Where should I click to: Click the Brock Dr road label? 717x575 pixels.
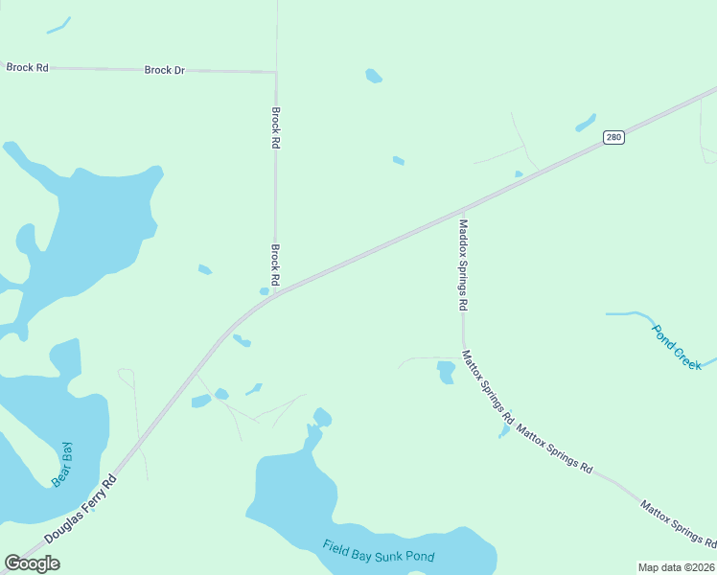point(164,70)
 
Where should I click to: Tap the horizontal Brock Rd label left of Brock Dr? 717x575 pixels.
point(27,67)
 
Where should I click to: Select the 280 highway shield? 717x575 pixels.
point(614,138)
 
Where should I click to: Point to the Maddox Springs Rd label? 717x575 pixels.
point(463,264)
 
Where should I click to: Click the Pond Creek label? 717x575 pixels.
point(677,346)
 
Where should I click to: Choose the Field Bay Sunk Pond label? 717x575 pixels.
point(379,552)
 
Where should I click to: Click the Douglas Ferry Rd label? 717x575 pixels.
point(81,510)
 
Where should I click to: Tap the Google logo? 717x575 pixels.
point(32,563)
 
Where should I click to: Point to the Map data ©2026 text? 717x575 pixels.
point(676,567)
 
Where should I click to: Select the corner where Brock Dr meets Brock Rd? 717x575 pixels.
point(276,72)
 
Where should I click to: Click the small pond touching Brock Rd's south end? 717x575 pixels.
point(265,291)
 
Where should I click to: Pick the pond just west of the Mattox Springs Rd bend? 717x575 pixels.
point(446,372)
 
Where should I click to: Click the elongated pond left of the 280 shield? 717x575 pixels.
point(585,123)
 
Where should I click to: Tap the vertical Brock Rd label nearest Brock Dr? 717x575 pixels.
point(276,126)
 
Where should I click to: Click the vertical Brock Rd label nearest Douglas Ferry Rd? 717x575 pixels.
point(275,264)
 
